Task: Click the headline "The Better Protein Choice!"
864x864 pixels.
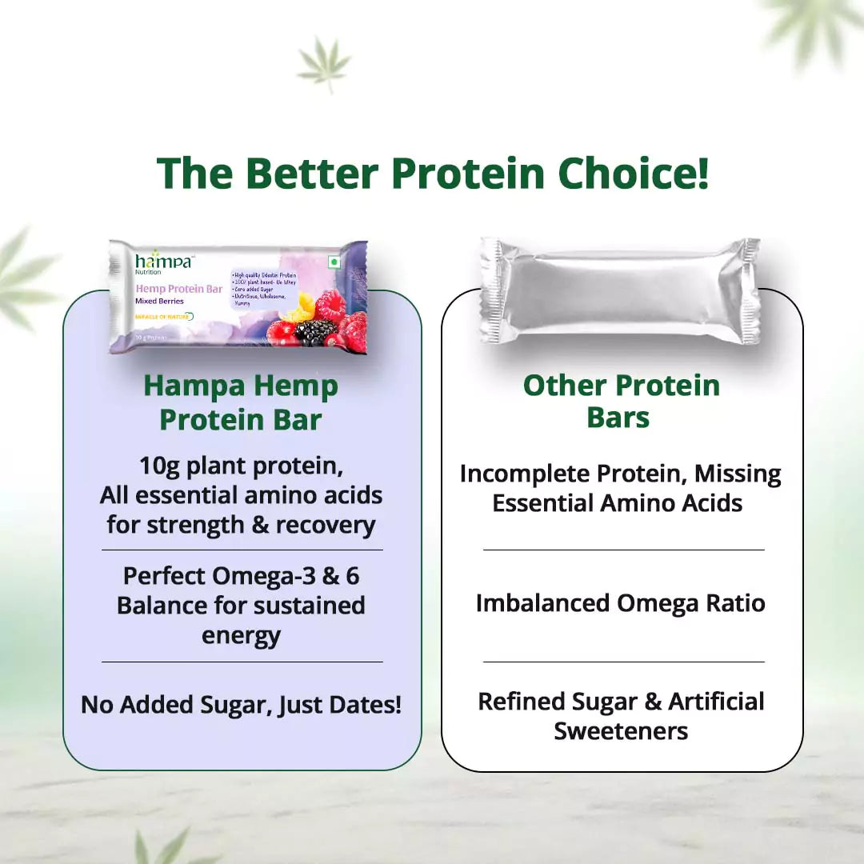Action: [x=432, y=173]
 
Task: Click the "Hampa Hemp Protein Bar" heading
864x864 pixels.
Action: [x=241, y=402]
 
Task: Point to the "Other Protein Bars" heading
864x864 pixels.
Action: [x=621, y=401]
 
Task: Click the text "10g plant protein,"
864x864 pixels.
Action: [x=241, y=465]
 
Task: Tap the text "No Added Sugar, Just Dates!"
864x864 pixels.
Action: [x=241, y=705]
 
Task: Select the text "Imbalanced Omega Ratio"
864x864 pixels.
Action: [x=620, y=602]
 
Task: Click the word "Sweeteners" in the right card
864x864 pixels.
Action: [x=621, y=731]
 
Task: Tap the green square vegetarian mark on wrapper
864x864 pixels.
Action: [x=335, y=262]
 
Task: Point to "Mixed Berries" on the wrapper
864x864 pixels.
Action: [x=159, y=302]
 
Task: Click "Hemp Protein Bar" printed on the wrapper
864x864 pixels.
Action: [x=178, y=289]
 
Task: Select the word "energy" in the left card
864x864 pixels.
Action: [x=241, y=636]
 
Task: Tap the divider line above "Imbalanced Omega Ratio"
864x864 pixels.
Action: [x=623, y=550]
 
